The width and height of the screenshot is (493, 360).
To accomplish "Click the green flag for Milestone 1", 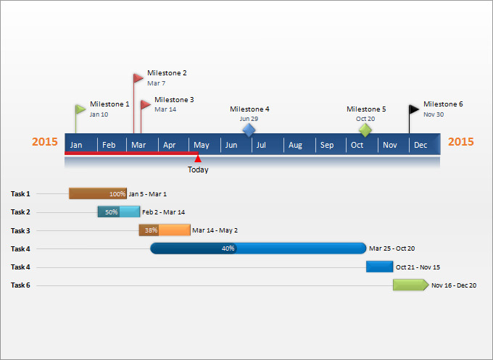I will click(x=80, y=109).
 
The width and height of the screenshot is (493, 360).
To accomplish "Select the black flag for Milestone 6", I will click(x=414, y=109).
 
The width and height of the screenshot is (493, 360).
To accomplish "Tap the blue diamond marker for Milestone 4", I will click(x=249, y=130).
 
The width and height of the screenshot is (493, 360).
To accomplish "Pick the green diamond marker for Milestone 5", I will click(x=365, y=130).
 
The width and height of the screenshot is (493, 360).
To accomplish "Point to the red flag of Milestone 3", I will click(x=146, y=105).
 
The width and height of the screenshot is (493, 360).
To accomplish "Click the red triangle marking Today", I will click(x=198, y=158).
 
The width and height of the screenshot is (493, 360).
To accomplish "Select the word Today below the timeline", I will click(x=198, y=170).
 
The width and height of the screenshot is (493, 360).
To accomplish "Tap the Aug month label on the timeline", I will click(x=295, y=146).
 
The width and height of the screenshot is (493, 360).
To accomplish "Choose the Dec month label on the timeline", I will click(x=420, y=146).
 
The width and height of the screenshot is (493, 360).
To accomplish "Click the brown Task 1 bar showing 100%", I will click(x=97, y=193).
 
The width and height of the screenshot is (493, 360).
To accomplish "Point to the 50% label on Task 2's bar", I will click(x=111, y=212).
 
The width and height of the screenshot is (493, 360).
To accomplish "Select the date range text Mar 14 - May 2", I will click(x=215, y=230).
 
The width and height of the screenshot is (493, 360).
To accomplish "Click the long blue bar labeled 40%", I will click(x=258, y=248).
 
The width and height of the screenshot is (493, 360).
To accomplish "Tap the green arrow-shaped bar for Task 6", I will click(x=410, y=285).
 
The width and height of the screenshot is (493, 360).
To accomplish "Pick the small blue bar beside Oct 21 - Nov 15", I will click(x=379, y=267).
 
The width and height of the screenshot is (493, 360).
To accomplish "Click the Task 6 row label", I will click(x=20, y=285).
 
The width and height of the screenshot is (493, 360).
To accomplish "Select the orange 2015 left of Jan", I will click(x=45, y=142).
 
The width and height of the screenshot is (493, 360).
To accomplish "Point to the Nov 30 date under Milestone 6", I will click(x=434, y=114).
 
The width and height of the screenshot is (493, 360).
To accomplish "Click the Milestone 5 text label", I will click(x=366, y=109).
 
